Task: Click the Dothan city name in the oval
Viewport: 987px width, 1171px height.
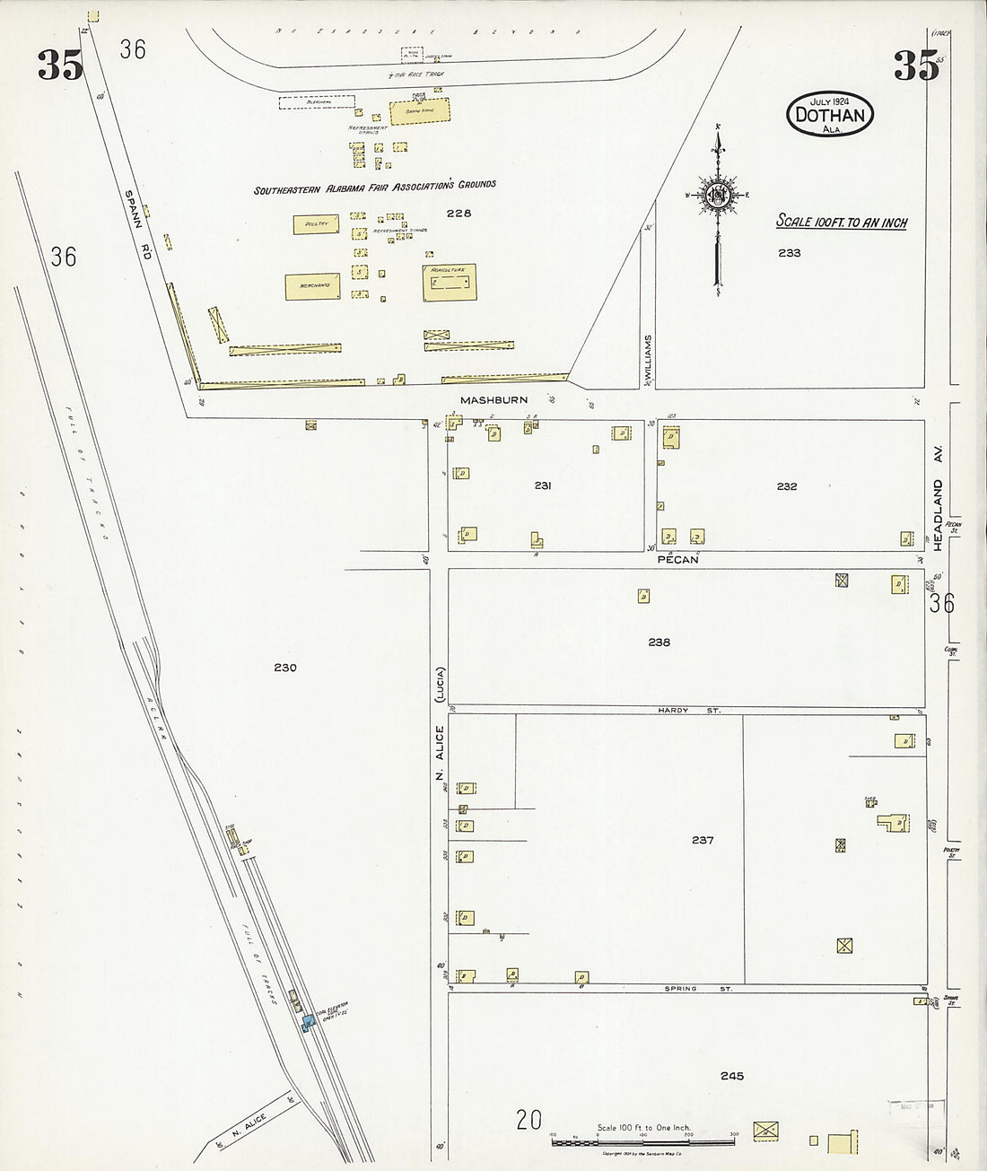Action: pyautogui.click(x=830, y=115)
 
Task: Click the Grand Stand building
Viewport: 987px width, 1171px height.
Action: pyautogui.click(x=419, y=112)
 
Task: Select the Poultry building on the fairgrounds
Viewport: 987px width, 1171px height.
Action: pyautogui.click(x=315, y=224)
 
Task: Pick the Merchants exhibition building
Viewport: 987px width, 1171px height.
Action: pyautogui.click(x=311, y=286)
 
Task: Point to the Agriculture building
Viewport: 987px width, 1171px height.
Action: pyautogui.click(x=449, y=282)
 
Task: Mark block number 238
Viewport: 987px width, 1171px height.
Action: pyautogui.click(x=659, y=642)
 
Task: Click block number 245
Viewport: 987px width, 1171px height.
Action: pyautogui.click(x=731, y=1076)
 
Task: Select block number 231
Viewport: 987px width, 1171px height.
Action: pyautogui.click(x=542, y=486)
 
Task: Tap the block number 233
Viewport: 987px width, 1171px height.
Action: pyautogui.click(x=790, y=253)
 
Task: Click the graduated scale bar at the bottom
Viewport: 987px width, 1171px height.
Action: pyautogui.click(x=643, y=1141)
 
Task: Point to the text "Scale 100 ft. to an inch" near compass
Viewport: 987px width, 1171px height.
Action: pyautogui.click(x=841, y=222)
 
